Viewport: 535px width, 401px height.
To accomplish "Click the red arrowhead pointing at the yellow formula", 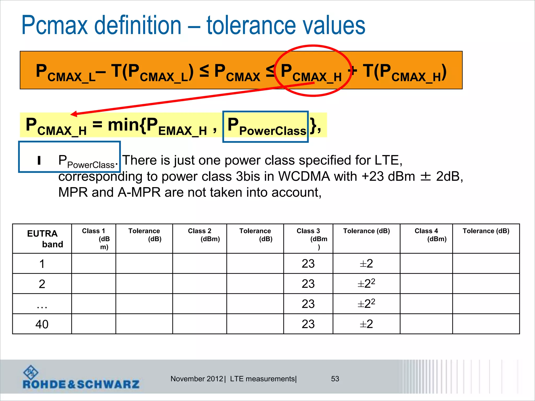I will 74,114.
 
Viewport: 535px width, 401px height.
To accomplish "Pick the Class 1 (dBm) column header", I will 94,238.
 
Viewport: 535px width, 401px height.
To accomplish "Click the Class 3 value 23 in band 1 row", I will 308,264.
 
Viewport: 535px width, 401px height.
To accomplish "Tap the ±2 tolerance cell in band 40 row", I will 366,324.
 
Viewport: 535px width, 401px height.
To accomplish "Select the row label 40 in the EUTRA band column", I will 42,324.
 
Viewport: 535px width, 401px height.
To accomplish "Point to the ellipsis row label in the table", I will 42,305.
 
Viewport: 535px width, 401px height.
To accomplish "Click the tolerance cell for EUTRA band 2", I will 366,284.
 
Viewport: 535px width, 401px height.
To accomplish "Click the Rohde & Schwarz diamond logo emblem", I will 31,372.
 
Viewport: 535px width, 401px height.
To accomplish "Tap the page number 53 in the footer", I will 335,379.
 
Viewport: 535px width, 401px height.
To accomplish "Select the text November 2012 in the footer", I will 196,379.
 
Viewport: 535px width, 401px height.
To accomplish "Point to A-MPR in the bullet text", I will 139,193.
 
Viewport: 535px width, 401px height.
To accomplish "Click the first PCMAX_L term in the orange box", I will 65,73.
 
